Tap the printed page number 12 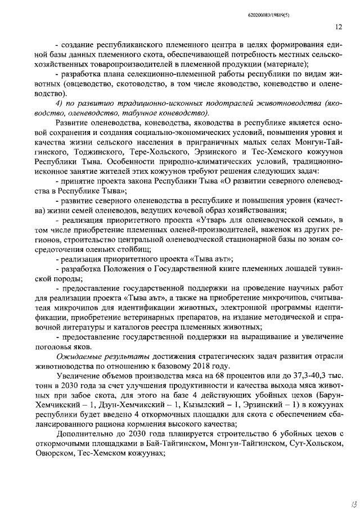pyautogui.click(x=338, y=26)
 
